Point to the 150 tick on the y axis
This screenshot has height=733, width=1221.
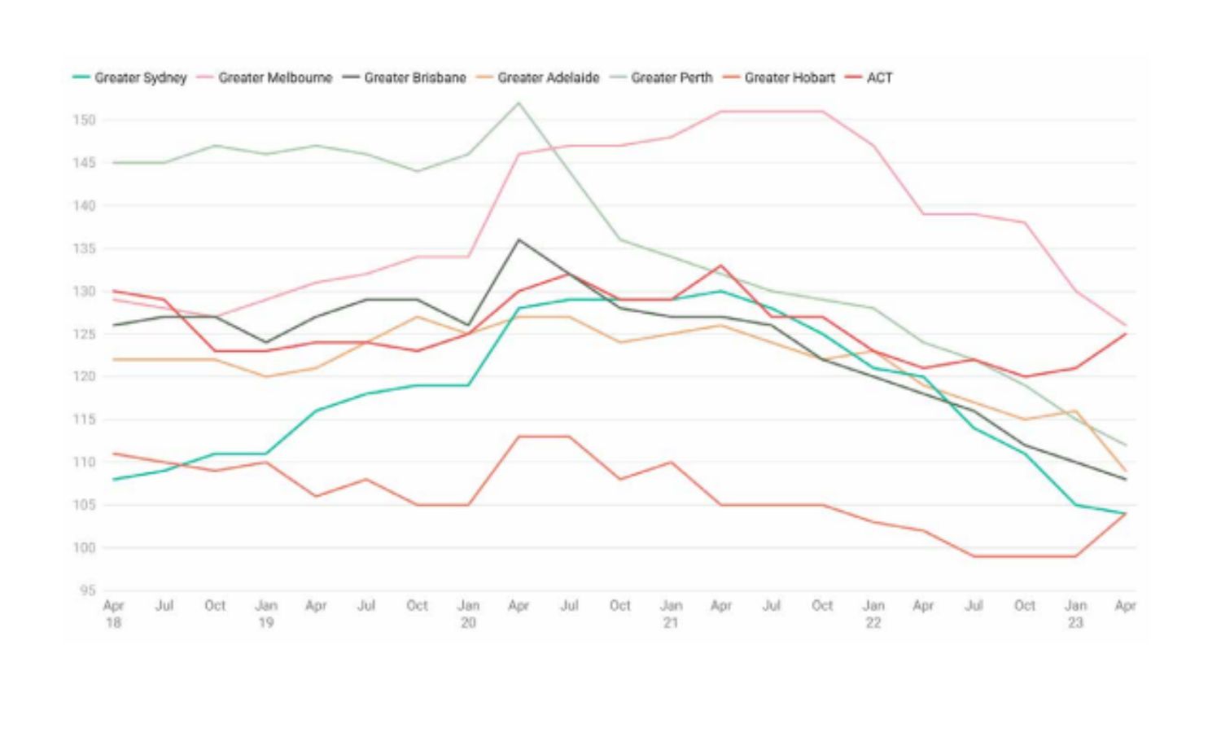click(84, 121)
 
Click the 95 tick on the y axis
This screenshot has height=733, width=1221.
click(87, 590)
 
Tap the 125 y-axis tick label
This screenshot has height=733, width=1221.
click(84, 334)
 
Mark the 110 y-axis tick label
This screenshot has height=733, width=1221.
click(84, 462)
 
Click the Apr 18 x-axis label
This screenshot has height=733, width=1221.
click(113, 613)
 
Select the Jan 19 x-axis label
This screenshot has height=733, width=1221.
click(266, 613)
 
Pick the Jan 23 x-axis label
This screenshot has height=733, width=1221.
click(1075, 613)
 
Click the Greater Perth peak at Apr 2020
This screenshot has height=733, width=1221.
click(519, 103)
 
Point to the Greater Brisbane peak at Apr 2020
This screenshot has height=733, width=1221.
click(519, 239)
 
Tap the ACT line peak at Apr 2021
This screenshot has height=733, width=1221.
click(721, 266)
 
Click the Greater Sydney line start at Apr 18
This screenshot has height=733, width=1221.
click(114, 479)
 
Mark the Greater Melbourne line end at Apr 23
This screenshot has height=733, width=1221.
click(1126, 326)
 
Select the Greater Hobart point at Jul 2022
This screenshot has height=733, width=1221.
click(974, 556)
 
